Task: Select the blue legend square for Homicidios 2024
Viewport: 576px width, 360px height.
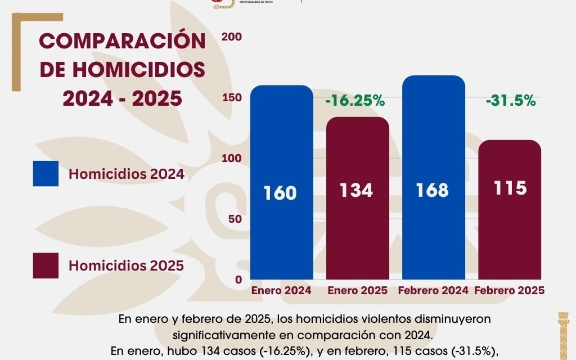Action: point(46,173)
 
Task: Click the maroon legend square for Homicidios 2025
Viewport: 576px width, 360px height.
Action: point(46,265)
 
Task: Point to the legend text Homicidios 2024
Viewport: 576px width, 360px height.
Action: point(126,174)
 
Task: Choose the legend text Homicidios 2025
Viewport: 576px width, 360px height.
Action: point(126,265)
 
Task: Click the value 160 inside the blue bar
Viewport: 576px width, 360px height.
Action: point(280,193)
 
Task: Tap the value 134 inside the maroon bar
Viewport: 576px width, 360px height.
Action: point(356,190)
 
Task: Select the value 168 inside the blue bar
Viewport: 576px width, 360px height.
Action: point(433,190)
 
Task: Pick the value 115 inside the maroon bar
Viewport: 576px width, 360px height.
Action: point(509,188)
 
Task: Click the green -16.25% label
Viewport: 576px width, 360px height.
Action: point(355,101)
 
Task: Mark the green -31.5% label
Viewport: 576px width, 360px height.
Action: point(510,101)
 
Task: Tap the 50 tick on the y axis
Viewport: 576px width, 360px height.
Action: point(236,219)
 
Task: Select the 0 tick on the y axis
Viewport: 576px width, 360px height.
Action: point(238,280)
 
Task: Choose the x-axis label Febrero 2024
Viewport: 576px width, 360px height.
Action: point(433,291)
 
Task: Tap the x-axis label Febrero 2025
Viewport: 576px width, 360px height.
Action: point(509,291)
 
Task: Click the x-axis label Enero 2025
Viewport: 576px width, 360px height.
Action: point(357,291)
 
